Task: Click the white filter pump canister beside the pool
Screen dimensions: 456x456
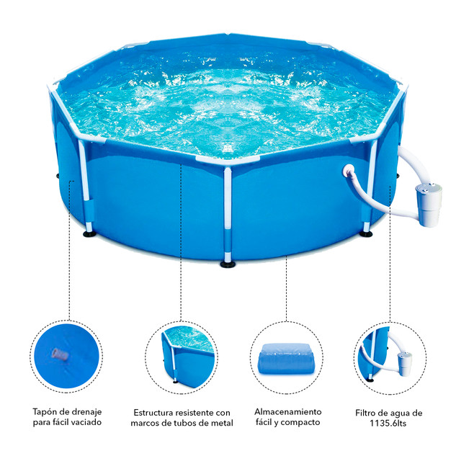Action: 429,205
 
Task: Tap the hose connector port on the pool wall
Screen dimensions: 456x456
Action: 349,171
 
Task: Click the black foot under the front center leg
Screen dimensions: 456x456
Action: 228,264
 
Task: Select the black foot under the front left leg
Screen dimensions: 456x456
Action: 89,233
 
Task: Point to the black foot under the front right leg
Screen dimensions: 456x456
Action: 366,233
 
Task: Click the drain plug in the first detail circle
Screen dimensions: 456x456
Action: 61,354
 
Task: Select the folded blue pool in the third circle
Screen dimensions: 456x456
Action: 287,359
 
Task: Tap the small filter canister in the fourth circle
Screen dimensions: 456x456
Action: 405,363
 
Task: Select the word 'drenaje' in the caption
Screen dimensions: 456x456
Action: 88,412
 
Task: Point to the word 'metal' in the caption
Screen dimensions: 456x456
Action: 222,423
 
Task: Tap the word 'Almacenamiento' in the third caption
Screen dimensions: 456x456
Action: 288,412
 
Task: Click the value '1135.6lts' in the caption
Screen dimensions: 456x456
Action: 388,423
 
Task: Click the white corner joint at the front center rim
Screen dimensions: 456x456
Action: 228,161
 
